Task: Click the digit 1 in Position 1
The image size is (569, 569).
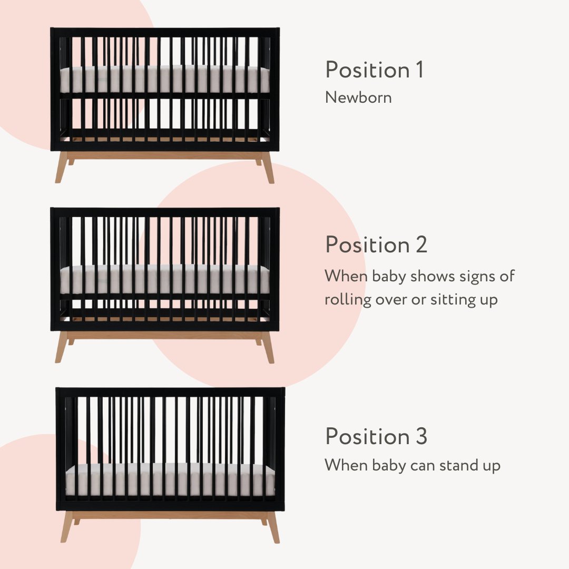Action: tap(420, 70)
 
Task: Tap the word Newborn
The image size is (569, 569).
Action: tap(358, 97)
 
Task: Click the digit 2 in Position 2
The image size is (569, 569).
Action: tap(421, 244)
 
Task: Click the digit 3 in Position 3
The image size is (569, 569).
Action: tap(421, 436)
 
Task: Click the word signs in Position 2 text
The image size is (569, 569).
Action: tap(476, 277)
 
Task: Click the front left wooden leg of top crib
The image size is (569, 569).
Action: tap(61, 167)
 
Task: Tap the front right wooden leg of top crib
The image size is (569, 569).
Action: tap(268, 167)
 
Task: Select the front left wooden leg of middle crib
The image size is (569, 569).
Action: tap(61, 347)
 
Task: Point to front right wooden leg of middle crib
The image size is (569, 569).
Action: tap(268, 347)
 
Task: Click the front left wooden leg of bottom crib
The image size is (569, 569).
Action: tap(67, 527)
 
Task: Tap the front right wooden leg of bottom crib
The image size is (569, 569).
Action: tap(273, 527)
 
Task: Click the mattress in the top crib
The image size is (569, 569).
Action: tap(165, 80)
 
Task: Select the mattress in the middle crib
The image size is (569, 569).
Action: tap(165, 279)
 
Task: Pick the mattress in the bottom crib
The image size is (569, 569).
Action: tap(170, 480)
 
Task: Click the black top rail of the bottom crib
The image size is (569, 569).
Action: tap(170, 392)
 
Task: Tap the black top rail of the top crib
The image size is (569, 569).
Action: tap(165, 32)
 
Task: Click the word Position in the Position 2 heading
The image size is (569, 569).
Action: tap(368, 244)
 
